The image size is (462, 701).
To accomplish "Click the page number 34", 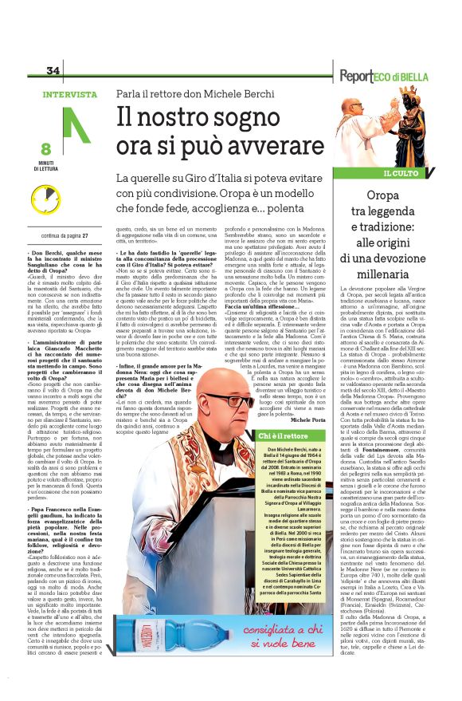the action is [54, 69].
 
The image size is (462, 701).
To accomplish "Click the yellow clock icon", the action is [46, 195].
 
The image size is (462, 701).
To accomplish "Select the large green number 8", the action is [45, 148].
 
